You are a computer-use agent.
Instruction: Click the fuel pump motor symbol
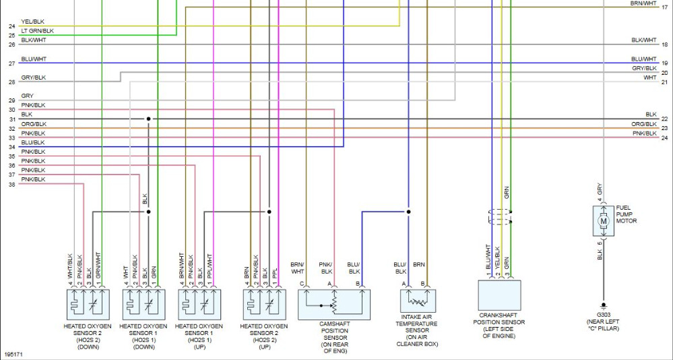coord(604,221)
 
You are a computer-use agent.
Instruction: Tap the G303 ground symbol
coord(604,306)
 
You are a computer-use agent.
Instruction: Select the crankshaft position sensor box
coord(499,295)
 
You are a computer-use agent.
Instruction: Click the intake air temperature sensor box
coord(418,301)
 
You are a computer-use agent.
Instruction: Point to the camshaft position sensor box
coord(334,304)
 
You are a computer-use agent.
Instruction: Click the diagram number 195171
coord(13,355)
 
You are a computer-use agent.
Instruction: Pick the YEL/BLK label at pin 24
coord(32,22)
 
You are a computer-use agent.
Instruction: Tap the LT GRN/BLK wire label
coord(37,31)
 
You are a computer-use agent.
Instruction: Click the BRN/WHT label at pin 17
coord(643,3)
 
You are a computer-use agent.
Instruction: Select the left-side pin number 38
coord(11,184)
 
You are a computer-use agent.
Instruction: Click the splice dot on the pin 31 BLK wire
coord(148,119)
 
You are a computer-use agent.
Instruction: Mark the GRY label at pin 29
coord(27,96)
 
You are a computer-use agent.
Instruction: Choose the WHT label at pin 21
coord(650,78)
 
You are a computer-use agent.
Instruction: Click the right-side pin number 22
coord(665,119)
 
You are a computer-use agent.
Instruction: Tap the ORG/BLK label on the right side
coord(644,124)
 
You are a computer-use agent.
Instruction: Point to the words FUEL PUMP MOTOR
coord(627,214)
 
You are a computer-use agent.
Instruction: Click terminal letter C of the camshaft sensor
coord(302,284)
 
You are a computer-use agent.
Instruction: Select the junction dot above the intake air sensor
coord(409,212)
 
